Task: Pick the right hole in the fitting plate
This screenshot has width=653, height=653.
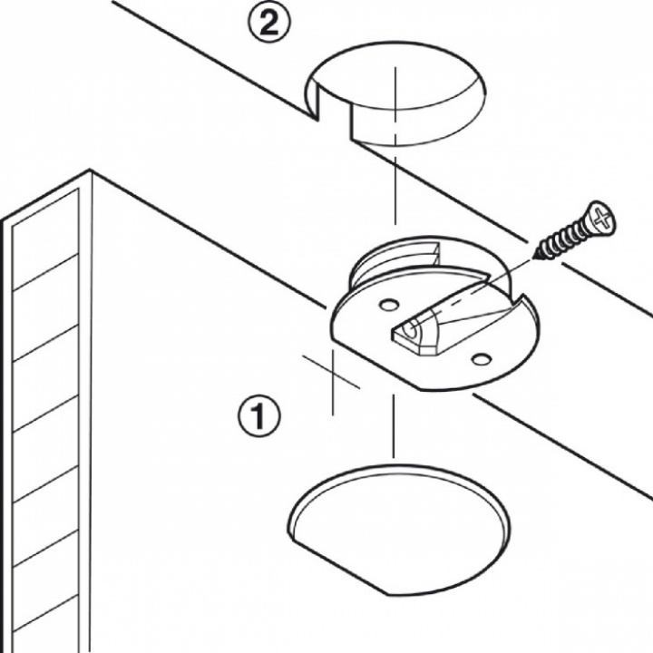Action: (482, 360)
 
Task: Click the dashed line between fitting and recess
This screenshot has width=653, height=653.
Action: (393, 426)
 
